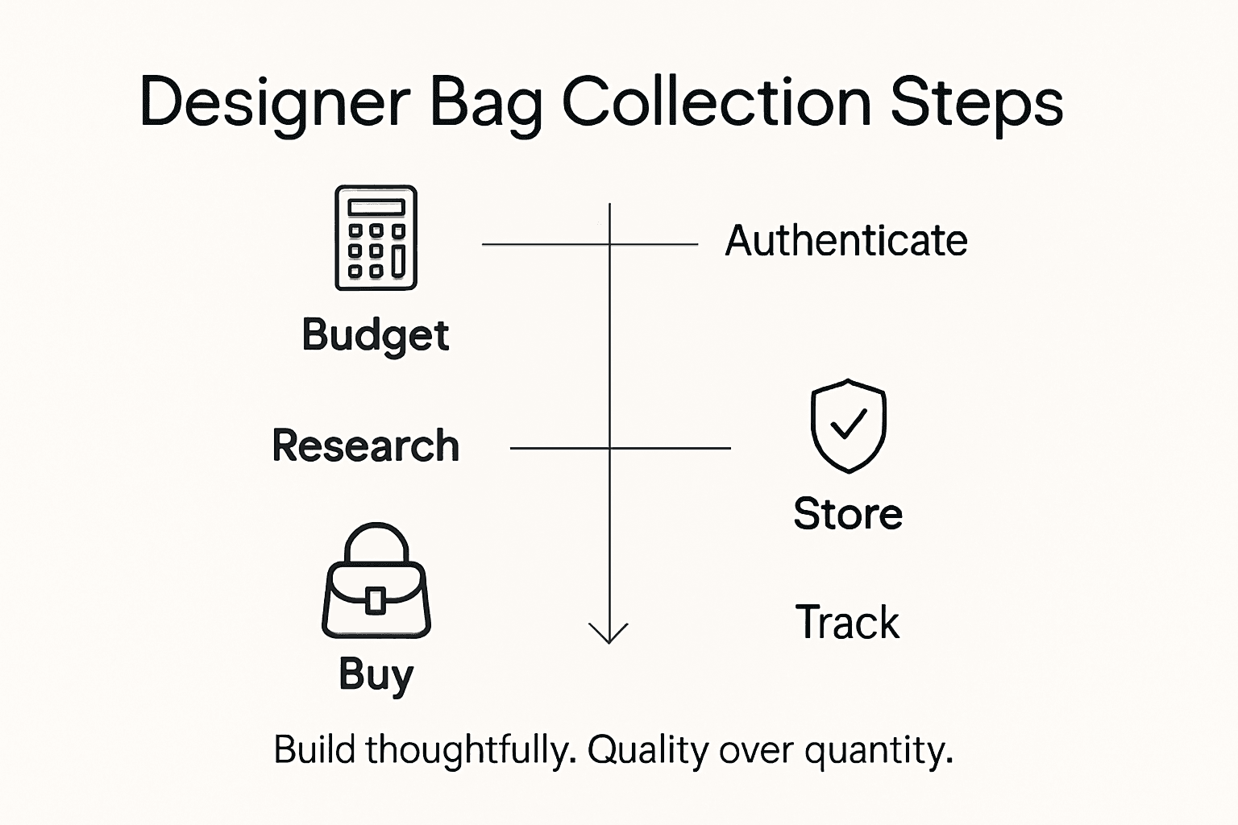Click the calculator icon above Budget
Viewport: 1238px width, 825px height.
click(376, 238)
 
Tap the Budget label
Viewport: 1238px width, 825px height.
click(375, 335)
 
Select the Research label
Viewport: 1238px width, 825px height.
click(366, 446)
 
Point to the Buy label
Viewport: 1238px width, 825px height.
click(376, 674)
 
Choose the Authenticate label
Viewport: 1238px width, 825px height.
click(846, 241)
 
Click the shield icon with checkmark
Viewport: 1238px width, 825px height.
click(848, 425)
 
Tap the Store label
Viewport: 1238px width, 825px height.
click(848, 514)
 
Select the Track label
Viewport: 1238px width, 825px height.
click(847, 623)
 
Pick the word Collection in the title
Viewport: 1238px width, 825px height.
click(717, 103)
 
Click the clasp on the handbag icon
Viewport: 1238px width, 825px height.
click(376, 600)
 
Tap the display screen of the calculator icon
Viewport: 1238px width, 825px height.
click(376, 207)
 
